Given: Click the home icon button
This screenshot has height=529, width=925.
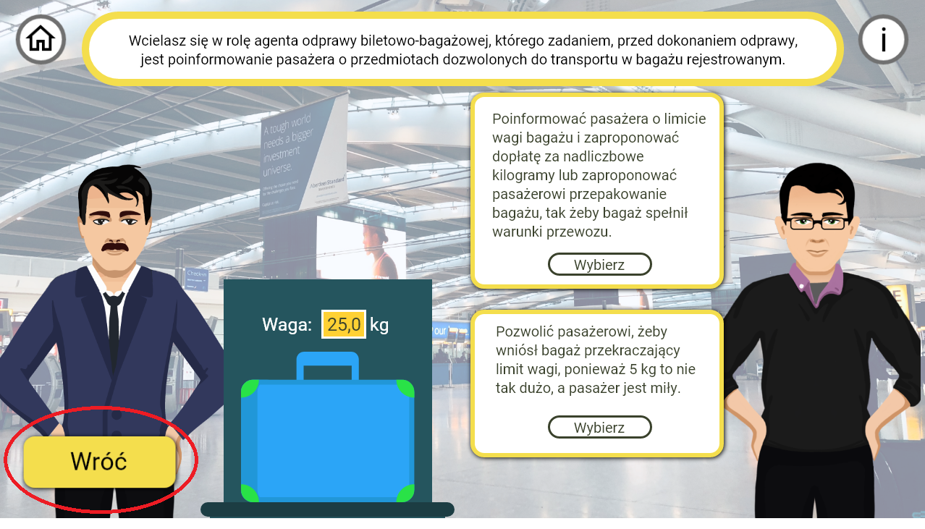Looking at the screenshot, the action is click(41, 40).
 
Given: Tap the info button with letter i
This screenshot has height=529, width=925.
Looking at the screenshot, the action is click(883, 40).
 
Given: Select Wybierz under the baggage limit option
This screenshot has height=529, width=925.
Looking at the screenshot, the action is click(599, 264).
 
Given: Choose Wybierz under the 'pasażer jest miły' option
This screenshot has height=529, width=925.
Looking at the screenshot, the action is click(599, 427).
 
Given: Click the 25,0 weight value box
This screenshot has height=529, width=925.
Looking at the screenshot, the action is click(344, 324).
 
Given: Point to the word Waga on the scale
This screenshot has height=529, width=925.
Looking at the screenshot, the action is click(287, 325).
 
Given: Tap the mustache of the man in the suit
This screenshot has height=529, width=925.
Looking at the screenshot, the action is click(115, 247).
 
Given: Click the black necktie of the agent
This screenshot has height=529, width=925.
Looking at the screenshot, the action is click(114, 326).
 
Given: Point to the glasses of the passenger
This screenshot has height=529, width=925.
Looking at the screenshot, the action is click(818, 223).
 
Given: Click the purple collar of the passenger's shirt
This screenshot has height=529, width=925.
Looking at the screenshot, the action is click(816, 283).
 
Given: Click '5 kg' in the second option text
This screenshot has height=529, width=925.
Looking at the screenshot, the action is click(643, 369).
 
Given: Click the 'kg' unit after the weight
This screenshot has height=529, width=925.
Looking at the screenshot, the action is click(379, 325).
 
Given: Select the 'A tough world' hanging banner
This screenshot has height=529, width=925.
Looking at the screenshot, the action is click(303, 157).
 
